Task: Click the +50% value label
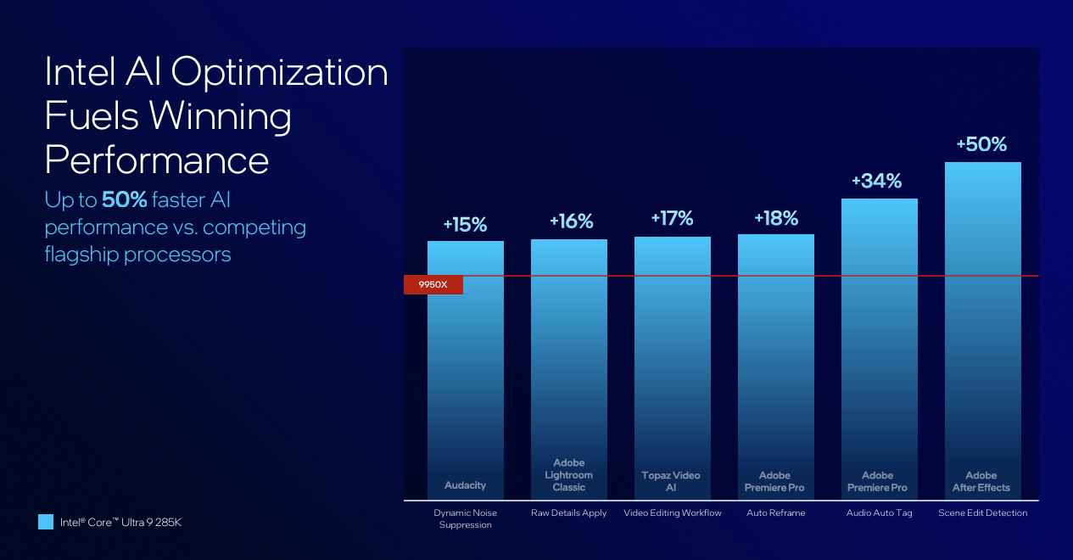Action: (981, 145)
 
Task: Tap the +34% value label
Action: (877, 181)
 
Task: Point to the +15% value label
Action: (465, 225)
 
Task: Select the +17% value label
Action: (672, 219)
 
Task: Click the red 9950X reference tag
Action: (433, 285)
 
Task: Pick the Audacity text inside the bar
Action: (466, 485)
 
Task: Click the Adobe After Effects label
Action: (981, 482)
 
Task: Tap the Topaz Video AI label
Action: (671, 482)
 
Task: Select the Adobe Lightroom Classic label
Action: (569, 475)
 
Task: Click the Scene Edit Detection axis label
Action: (982, 513)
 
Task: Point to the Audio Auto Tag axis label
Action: (879, 513)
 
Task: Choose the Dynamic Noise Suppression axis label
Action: (466, 518)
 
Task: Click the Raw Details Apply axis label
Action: (569, 513)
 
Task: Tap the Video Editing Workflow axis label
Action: (673, 513)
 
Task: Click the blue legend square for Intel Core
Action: (46, 522)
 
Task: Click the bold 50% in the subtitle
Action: (125, 200)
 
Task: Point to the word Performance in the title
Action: (157, 159)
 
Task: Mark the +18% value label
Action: (776, 219)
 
